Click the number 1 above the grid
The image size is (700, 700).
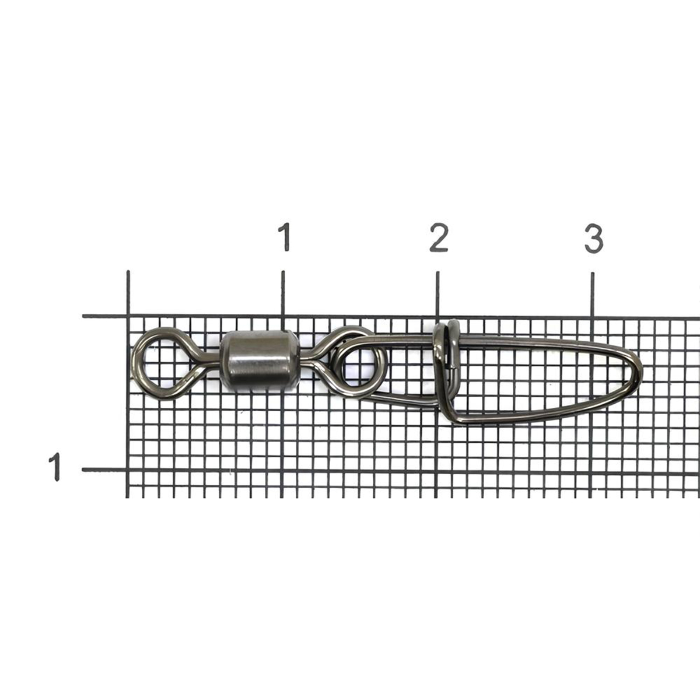pos(285,236)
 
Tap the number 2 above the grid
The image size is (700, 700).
pos(439,237)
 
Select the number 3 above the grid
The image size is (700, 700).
pos(594,239)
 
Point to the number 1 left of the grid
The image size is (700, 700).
pos(55,467)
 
